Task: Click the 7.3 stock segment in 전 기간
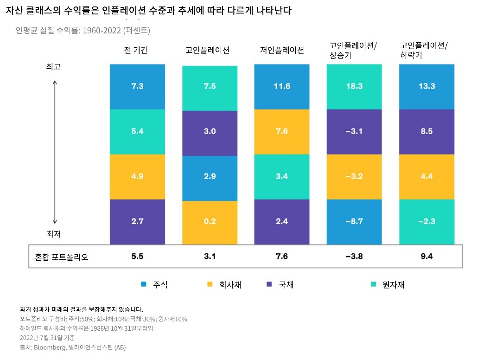tap(137, 87)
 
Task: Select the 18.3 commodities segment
tap(354, 87)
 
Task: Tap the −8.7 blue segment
tap(354, 221)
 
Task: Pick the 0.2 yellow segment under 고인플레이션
tap(210, 222)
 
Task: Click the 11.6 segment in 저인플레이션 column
tap(282, 87)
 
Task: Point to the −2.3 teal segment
tap(426, 221)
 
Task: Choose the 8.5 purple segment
tap(426, 131)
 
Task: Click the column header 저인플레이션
tap(282, 50)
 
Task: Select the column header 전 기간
tap(136, 50)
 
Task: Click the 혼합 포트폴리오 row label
tap(62, 257)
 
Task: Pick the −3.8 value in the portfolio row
tap(354, 257)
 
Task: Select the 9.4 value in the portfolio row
tap(426, 257)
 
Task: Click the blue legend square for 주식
tap(144, 284)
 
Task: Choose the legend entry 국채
tap(286, 284)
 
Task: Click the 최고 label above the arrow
tap(53, 66)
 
